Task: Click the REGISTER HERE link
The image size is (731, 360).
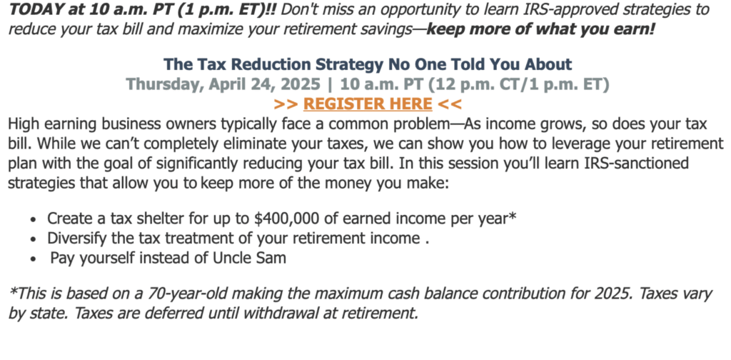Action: coord(368,104)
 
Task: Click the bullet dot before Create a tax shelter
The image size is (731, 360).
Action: coord(33,219)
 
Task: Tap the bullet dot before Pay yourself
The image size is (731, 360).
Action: coord(33,259)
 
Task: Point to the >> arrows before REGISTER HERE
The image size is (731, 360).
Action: coord(286,104)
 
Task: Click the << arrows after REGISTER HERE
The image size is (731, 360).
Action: coord(450,104)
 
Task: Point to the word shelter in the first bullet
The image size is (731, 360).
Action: coord(162,219)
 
